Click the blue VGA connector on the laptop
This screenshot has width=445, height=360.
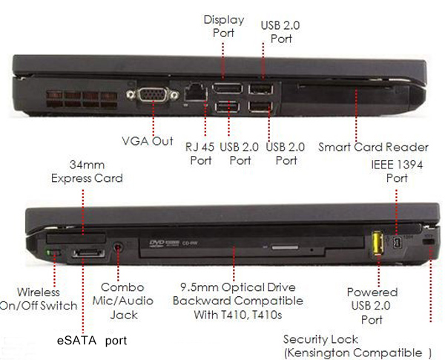(x=153, y=97)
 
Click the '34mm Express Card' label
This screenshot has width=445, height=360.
(x=87, y=171)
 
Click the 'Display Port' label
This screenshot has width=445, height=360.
(x=224, y=27)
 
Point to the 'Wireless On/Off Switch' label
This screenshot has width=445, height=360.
(x=39, y=299)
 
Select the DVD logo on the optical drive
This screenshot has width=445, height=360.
(x=157, y=243)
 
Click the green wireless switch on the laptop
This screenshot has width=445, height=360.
(x=50, y=255)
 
